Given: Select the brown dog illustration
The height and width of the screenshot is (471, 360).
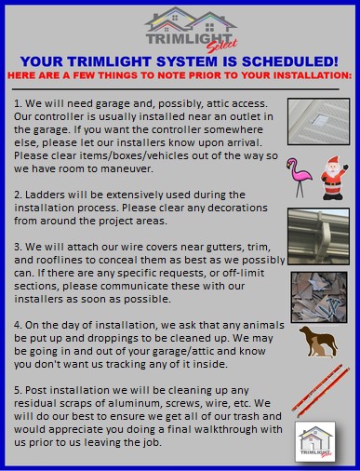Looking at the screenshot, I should (318, 341).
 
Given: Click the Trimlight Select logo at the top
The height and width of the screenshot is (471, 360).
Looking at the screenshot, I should (180, 28).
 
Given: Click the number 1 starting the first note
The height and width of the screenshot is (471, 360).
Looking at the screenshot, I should (18, 101).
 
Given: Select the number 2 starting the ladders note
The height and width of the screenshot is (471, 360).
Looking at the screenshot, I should (18, 185).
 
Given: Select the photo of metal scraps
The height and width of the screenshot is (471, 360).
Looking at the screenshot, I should (318, 289).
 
